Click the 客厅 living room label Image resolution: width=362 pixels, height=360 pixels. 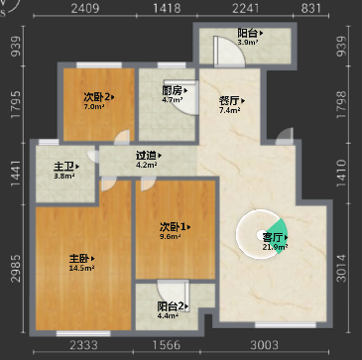pyautogui.click(x=273, y=238)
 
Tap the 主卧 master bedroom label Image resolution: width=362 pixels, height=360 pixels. pyautogui.click(x=78, y=259)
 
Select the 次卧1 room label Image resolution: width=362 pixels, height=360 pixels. pyautogui.click(x=172, y=227)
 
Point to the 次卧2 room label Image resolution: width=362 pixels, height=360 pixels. pyautogui.click(x=96, y=97)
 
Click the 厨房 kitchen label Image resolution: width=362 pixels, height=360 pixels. pyautogui.click(x=172, y=90)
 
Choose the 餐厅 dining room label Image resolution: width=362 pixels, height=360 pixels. pyautogui.click(x=229, y=100)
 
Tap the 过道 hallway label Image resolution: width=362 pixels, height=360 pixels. pyautogui.click(x=146, y=155)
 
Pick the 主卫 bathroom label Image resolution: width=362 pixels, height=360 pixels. pyautogui.click(x=63, y=167)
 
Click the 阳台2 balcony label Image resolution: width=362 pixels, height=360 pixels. pyautogui.click(x=171, y=306)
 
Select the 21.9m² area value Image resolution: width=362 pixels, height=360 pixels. pyautogui.click(x=275, y=247)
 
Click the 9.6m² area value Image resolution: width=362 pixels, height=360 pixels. pyautogui.click(x=171, y=236)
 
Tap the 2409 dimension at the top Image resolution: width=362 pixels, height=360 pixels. pyautogui.click(x=85, y=8)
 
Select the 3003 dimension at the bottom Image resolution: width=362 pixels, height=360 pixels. pyautogui.click(x=264, y=345)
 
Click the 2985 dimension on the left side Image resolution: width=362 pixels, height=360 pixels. pyautogui.click(x=17, y=269)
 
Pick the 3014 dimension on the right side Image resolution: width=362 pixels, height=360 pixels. pyautogui.click(x=342, y=268)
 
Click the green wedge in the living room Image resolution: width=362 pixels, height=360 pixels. pyautogui.click(x=278, y=235)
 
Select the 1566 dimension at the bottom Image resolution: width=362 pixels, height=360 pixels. pyautogui.click(x=167, y=345)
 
